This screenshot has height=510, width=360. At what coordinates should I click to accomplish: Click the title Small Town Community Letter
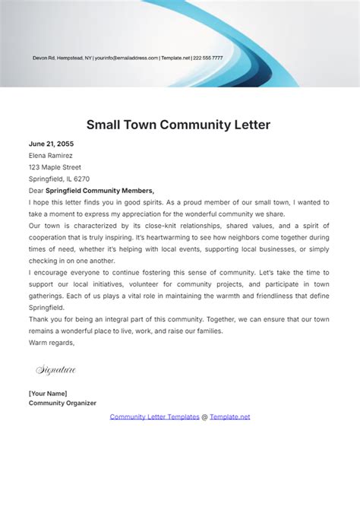tap(178, 124)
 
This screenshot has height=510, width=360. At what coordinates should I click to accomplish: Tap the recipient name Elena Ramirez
tap(51, 155)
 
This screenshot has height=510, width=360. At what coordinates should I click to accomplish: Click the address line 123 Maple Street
tap(55, 167)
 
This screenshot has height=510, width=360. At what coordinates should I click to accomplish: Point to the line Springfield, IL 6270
tap(59, 179)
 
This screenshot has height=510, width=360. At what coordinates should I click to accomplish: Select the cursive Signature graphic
tap(56, 370)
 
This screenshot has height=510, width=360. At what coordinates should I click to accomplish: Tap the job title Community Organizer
tap(62, 403)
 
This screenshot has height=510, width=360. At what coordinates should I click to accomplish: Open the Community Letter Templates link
tap(154, 417)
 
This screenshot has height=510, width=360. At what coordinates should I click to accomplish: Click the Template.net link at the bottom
tap(229, 417)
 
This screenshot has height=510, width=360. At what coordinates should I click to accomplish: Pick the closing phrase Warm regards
tap(52, 343)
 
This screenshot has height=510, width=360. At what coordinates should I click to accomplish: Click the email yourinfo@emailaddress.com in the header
tap(126, 58)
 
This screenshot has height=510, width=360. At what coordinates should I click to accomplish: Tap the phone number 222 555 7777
tap(208, 58)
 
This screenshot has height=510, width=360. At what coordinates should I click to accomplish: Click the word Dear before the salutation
tap(36, 191)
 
